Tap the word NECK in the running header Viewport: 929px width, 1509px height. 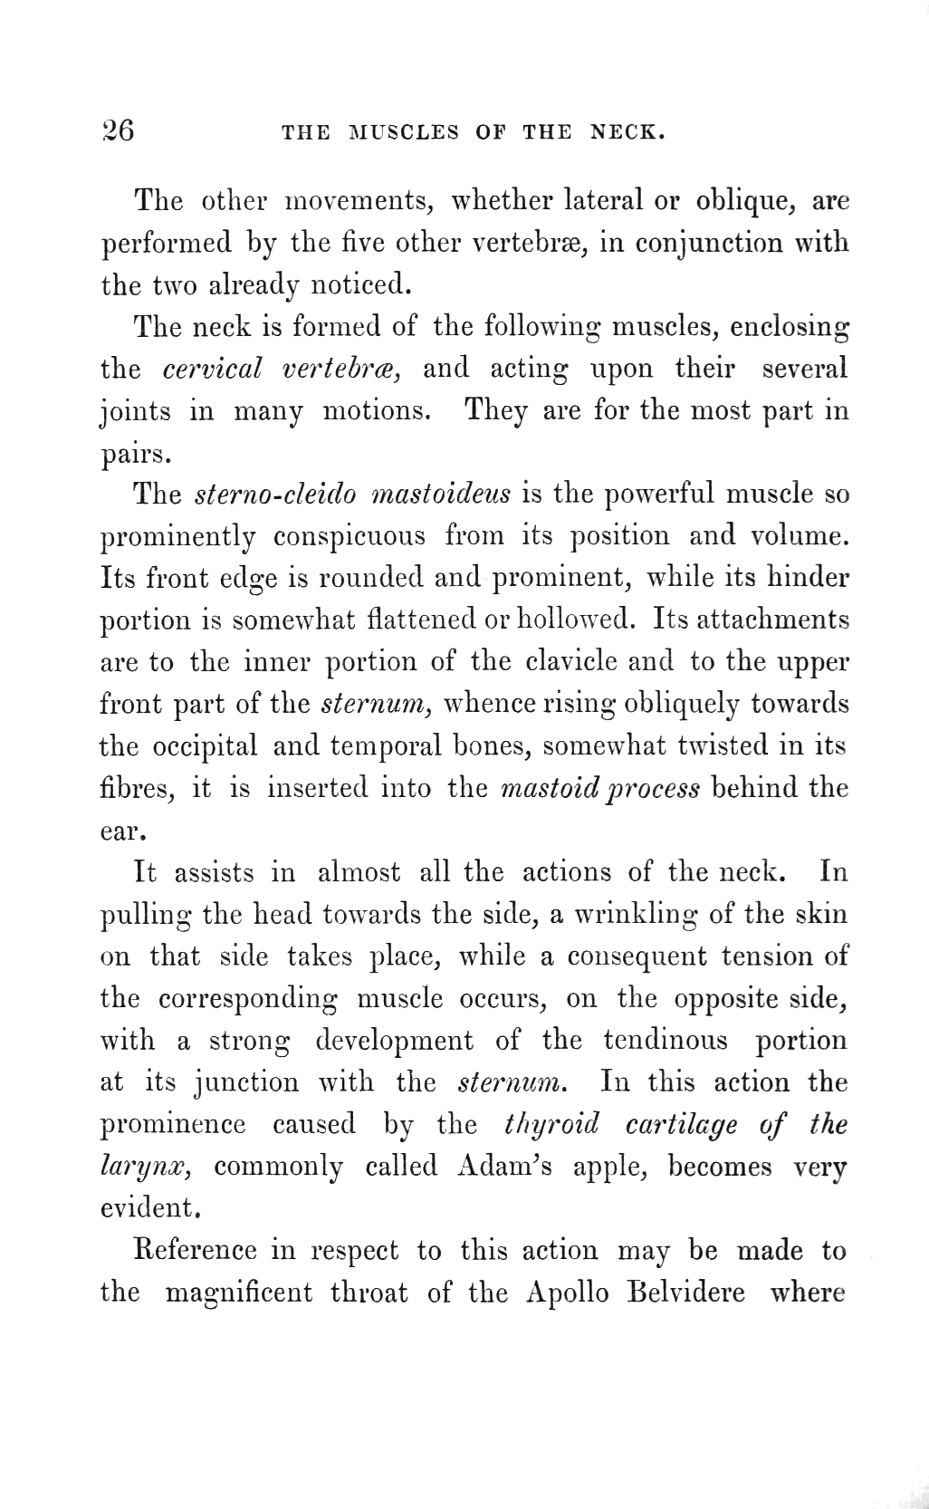pos(627,132)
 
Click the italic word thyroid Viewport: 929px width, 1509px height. pos(551,1124)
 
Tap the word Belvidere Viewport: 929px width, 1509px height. pos(686,1292)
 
